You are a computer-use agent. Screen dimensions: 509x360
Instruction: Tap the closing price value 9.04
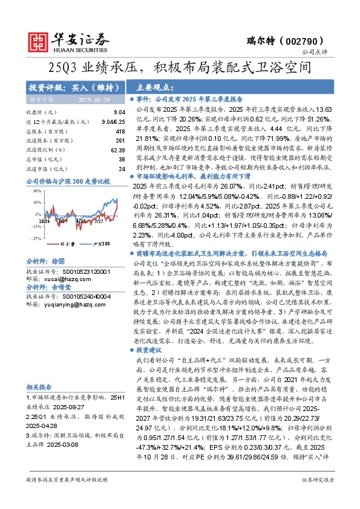point(119,112)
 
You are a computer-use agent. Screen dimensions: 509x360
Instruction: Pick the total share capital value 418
point(120,131)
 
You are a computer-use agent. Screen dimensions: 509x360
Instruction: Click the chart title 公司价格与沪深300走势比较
point(68,181)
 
